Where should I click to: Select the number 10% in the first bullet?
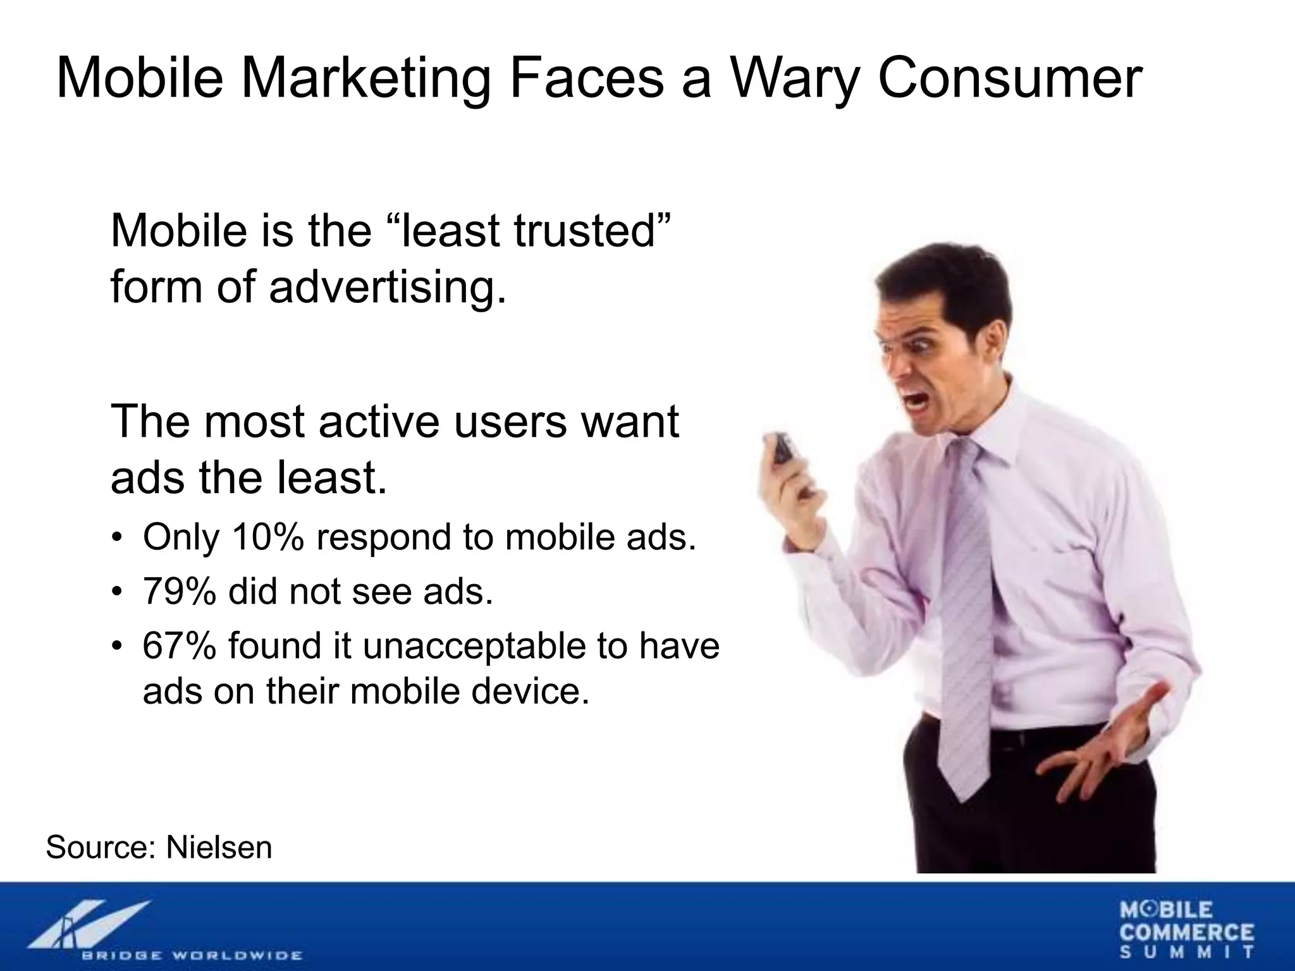(268, 537)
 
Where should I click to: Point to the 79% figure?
(179, 592)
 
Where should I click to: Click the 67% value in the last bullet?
(179, 646)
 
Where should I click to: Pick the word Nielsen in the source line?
(219, 847)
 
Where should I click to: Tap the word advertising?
(388, 286)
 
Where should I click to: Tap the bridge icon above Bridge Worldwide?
(89, 924)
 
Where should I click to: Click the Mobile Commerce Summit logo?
(1187, 930)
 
